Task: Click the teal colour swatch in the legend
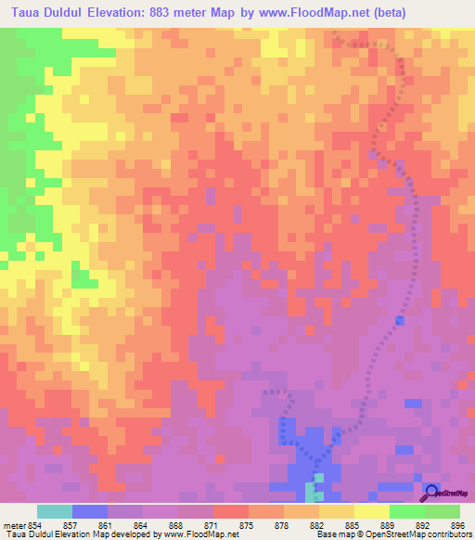coord(55,511)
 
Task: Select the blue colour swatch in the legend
coord(90,511)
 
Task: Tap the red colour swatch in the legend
coord(230,511)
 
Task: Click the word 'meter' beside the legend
coord(15,525)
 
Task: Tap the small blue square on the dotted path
coord(400,320)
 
